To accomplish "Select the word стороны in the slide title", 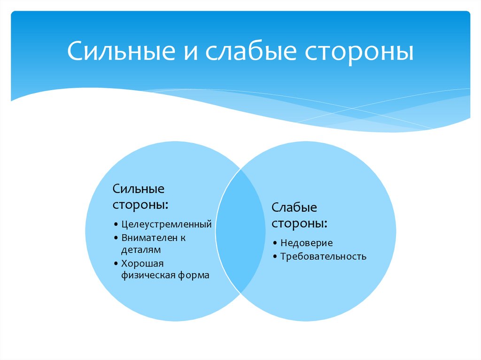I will (x=359, y=53).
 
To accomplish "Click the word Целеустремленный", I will (x=166, y=224).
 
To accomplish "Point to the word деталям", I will (x=141, y=250).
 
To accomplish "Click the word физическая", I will (x=148, y=276).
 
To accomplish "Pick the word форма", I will (x=194, y=276).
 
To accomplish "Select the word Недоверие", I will (x=306, y=243).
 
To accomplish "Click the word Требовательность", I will (x=323, y=257).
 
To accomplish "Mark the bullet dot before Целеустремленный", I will (x=116, y=225).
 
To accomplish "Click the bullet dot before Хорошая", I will (x=116, y=264).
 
